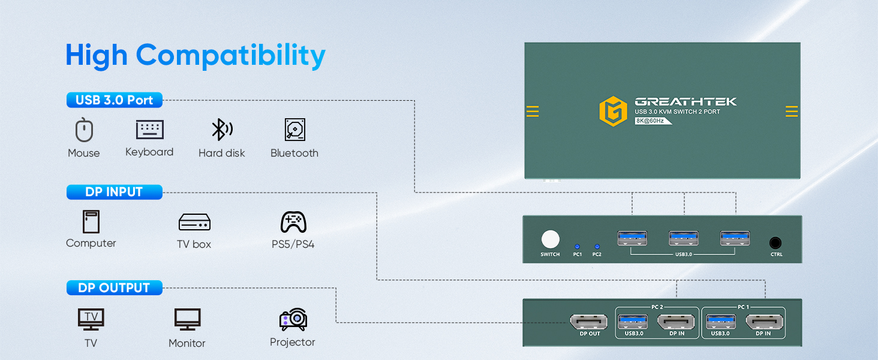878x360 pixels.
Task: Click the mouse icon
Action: [84, 130]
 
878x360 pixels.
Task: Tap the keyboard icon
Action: [150, 130]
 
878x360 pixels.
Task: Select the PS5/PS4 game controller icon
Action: [294, 222]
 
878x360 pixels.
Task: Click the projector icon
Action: [293, 319]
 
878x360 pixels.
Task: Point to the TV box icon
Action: [194, 222]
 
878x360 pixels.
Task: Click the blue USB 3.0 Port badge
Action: [115, 100]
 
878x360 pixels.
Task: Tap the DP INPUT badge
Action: [115, 192]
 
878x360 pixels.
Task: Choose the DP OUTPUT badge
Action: [115, 288]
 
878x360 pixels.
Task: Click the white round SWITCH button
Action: [551, 239]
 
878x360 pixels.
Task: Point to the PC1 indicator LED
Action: [577, 247]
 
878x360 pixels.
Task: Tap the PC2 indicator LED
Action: [597, 247]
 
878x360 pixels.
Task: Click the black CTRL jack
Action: [775, 243]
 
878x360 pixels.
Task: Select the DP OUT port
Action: [589, 322]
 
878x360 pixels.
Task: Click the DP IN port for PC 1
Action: [764, 322]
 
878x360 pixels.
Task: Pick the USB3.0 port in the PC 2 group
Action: [633, 322]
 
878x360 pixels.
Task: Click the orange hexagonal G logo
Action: [614, 112]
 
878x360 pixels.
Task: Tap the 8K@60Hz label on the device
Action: [651, 121]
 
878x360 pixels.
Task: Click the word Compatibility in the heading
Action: [230, 56]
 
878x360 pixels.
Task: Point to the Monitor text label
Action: [187, 343]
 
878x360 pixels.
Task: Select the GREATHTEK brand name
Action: [685, 101]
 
